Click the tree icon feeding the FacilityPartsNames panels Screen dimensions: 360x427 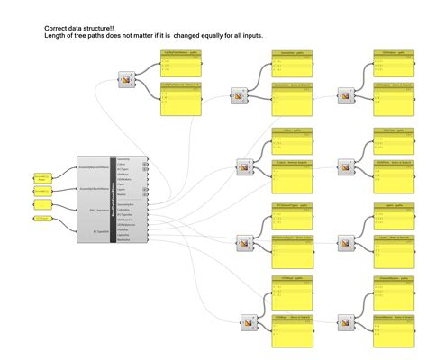coord(125,82)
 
